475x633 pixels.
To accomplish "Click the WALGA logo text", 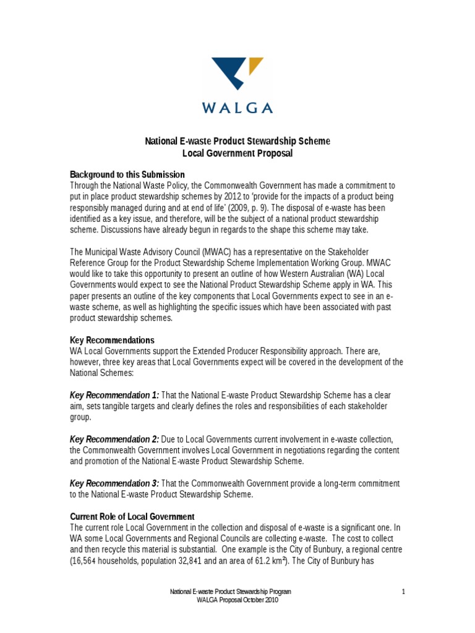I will coord(237,108).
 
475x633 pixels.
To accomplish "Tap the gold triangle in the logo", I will coord(254,66).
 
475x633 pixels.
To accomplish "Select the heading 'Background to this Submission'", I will coord(127,174).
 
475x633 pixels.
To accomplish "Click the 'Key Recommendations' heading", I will coord(112,341).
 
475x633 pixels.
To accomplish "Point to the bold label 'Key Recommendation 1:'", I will coord(114,395).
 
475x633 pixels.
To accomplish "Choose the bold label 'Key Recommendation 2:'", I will coord(114,439).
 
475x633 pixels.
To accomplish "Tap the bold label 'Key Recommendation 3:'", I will coord(114,483).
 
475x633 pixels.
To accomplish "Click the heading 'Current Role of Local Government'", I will coord(132,516).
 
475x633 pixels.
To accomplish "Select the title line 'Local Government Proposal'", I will coord(237,153).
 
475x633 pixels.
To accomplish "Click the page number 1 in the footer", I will coord(403,592).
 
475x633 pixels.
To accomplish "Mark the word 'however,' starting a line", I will coord(87,362).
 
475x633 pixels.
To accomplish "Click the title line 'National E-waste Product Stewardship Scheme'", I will coord(237,142).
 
